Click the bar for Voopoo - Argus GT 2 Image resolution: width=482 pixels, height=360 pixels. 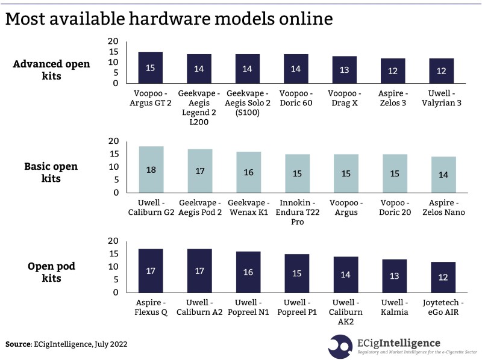(x=150, y=67)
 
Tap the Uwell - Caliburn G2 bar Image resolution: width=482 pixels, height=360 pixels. (x=151, y=170)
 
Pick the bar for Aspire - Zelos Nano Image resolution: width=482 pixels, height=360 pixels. (x=443, y=175)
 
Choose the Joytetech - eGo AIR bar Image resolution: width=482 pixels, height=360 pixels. (x=443, y=277)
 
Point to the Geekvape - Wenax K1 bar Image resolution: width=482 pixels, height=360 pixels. (x=248, y=172)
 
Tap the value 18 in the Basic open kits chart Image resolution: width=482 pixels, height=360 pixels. (x=151, y=170)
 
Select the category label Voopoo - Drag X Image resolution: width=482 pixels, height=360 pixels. (x=345, y=99)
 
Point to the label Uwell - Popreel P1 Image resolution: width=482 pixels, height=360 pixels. (x=297, y=307)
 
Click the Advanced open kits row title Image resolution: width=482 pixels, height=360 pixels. (x=51, y=70)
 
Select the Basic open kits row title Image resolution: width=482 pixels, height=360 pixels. (x=51, y=172)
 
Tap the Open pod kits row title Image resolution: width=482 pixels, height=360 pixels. (x=51, y=271)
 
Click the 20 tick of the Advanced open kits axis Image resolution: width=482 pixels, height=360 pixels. (x=113, y=41)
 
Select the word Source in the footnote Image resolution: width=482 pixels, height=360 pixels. (x=17, y=344)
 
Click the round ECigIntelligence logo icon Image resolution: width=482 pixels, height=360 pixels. (x=340, y=344)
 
